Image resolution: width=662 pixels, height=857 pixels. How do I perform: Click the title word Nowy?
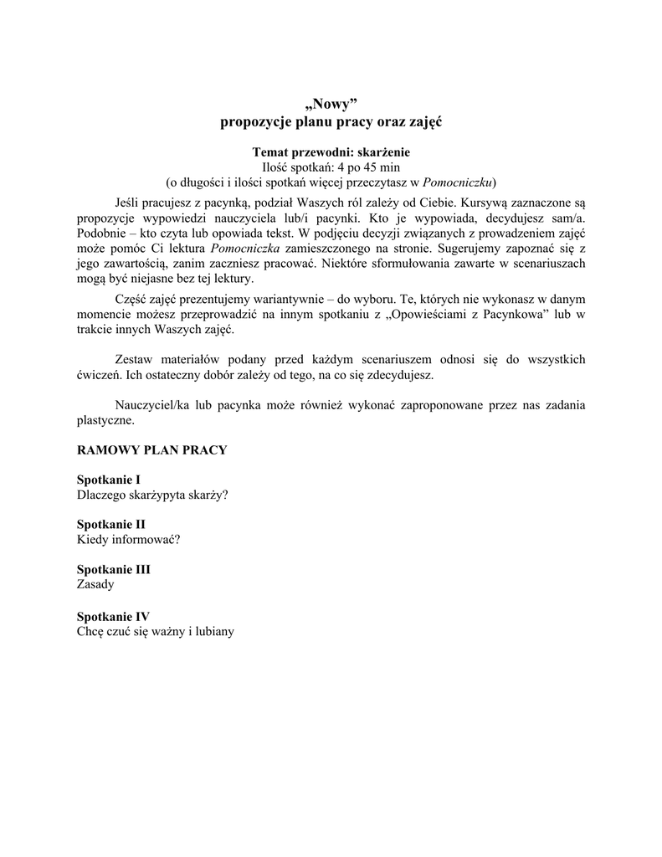331,104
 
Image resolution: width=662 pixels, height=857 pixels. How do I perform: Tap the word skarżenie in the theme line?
381,152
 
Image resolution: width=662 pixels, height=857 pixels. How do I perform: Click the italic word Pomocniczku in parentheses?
458,181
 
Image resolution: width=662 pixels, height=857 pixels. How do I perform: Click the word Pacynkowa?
511,314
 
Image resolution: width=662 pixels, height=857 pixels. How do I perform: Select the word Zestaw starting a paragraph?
133,359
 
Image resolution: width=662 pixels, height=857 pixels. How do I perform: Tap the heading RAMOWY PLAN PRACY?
151,449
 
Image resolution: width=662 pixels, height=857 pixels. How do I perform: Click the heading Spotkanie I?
108,480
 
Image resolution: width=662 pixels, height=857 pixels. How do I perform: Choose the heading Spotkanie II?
110,525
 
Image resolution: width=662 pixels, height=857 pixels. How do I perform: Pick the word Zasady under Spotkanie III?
95,585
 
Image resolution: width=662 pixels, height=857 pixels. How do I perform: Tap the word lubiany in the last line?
213,631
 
